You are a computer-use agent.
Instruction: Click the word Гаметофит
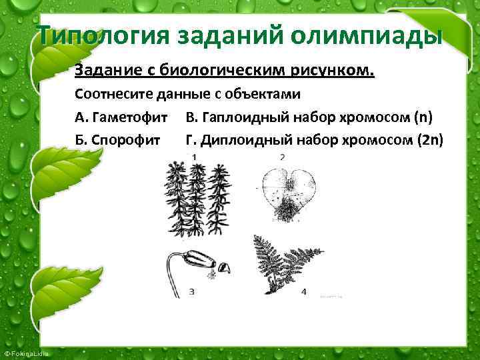129,118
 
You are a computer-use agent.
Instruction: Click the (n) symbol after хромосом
423,118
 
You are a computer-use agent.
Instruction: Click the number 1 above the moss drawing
194,157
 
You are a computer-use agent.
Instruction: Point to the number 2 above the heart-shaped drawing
283,157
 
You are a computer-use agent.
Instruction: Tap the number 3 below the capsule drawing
192,291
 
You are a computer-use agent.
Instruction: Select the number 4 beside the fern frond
303,291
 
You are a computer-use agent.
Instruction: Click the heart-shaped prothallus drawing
287,192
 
